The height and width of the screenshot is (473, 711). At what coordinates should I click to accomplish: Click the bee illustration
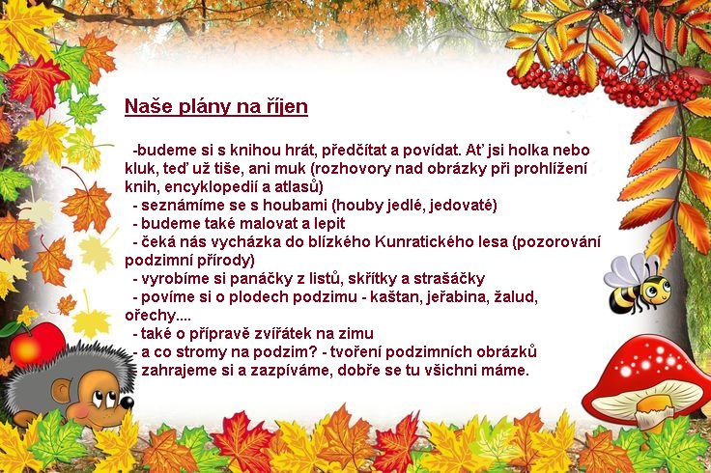coord(638,284)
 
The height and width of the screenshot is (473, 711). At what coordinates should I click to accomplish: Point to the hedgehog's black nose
coord(128,403)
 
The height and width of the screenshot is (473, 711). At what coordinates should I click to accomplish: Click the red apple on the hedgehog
coord(37,345)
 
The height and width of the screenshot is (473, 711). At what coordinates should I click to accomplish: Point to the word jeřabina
coord(458,297)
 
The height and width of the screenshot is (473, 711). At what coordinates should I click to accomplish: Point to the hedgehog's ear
coord(61,390)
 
